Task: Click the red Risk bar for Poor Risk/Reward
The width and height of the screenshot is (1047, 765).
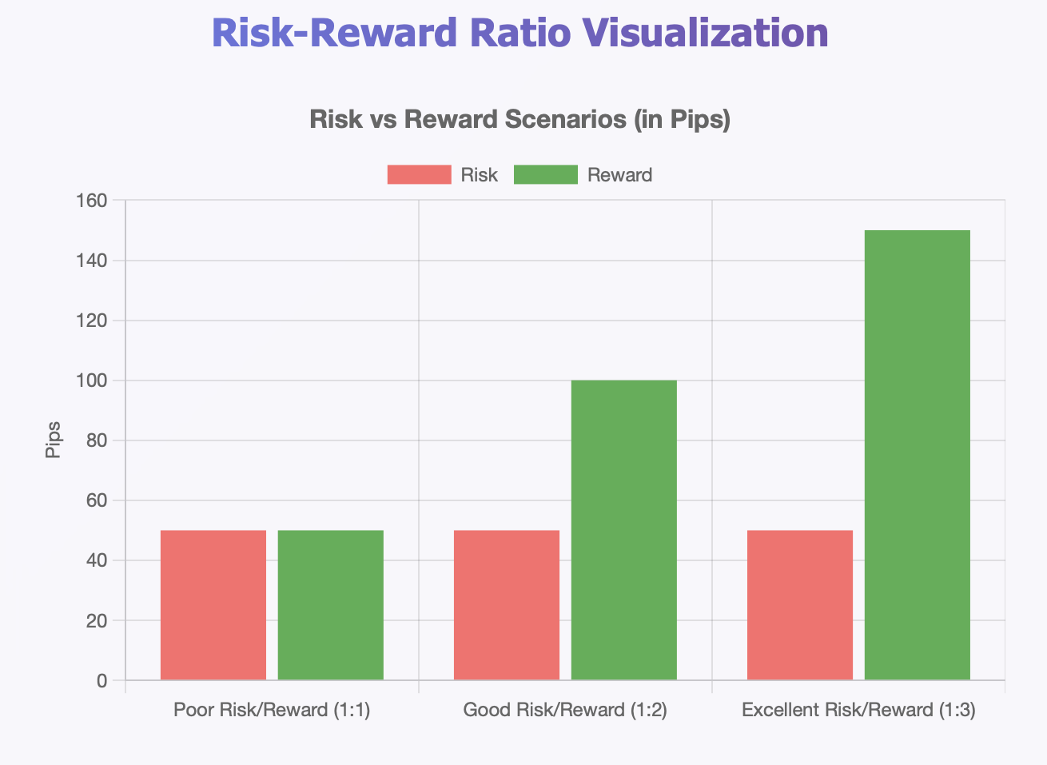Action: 213,605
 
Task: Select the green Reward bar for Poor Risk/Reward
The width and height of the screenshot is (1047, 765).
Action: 331,605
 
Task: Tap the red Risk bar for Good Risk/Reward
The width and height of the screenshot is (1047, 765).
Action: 507,605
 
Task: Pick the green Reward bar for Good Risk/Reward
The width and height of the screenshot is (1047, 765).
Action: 624,530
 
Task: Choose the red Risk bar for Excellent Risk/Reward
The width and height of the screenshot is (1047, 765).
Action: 800,605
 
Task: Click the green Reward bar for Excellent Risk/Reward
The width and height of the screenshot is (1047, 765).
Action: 918,455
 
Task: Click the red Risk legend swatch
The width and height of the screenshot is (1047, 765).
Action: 419,174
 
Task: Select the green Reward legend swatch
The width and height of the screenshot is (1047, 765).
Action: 545,174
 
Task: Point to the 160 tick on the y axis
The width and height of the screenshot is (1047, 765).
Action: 91,201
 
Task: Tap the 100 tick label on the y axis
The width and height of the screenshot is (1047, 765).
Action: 91,381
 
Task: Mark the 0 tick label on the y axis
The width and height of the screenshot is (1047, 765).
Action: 102,681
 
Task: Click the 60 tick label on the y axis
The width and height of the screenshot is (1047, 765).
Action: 96,500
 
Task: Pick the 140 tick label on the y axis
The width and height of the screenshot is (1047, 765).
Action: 91,261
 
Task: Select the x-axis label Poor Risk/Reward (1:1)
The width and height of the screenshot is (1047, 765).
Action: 272,710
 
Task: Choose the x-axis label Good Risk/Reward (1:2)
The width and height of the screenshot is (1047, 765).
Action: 565,710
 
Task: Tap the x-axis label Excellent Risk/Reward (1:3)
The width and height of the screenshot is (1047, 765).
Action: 858,710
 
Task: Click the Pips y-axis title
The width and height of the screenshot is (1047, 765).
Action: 54,440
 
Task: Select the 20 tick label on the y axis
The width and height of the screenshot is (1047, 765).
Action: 96,621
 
